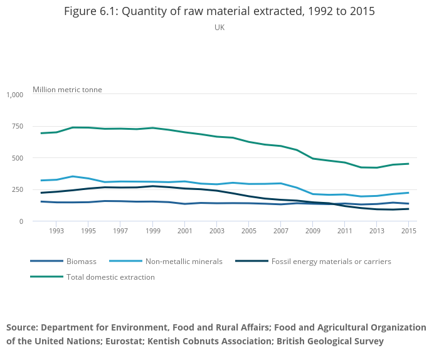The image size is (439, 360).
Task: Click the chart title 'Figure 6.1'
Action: point(219,12)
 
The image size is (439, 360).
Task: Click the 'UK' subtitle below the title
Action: point(219,28)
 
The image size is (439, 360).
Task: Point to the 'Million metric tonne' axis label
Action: point(67,90)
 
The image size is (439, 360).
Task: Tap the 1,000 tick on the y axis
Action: point(14,95)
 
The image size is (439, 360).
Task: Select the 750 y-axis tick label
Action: point(17,126)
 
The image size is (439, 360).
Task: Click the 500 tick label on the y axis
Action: point(17,158)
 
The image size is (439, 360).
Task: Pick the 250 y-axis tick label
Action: point(17,189)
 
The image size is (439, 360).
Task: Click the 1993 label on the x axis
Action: point(56,231)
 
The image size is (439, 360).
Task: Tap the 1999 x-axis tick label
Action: point(153,231)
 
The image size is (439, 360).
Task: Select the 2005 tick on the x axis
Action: point(249,231)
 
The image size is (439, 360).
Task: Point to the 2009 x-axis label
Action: point(313,231)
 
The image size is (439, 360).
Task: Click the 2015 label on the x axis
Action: point(409,231)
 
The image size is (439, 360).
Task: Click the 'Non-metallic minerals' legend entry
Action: point(184,261)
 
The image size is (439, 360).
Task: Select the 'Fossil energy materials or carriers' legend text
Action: point(331,261)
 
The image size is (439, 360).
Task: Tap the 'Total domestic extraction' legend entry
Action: point(110,277)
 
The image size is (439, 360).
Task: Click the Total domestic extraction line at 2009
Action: point(313,159)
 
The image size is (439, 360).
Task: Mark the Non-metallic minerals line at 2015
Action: point(408,193)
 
